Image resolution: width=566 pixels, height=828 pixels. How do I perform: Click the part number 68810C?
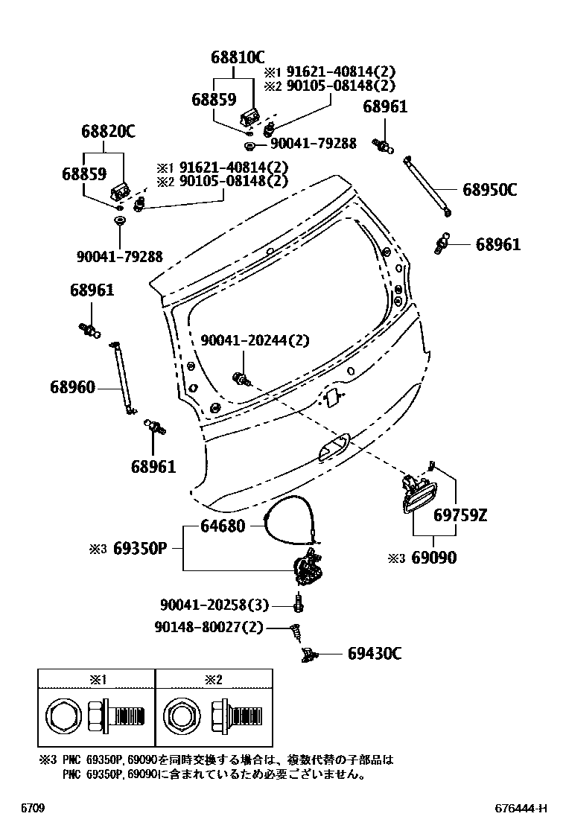tap(237, 56)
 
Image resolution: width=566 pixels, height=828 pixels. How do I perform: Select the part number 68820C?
tap(108, 132)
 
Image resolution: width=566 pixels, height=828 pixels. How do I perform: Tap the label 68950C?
tap(489, 190)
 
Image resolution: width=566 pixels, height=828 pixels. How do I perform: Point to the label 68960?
tap(72, 386)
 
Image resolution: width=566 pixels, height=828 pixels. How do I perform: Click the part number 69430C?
tap(375, 654)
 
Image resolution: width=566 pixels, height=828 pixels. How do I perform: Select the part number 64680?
tap(222, 526)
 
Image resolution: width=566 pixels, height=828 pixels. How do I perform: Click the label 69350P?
tap(139, 549)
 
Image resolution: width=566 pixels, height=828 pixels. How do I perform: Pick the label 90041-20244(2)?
tap(255, 340)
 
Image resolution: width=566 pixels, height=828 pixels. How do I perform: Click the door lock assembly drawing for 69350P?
tap(309, 570)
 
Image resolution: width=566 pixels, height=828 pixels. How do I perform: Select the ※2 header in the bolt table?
tap(214, 679)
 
